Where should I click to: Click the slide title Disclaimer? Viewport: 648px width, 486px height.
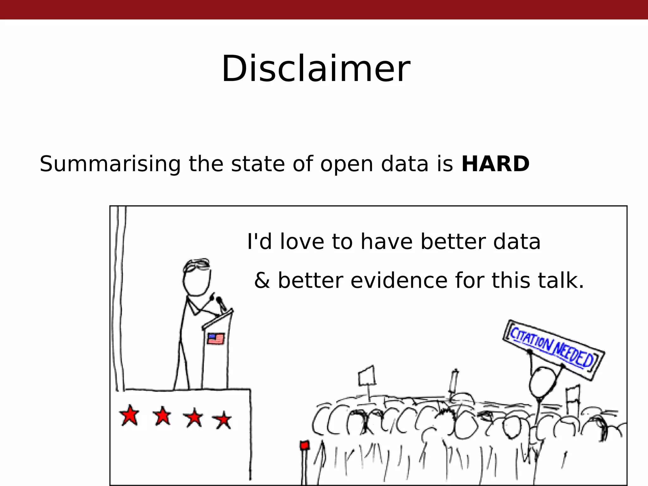coord(316,69)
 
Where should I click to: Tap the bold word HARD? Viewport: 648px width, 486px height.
coord(495,164)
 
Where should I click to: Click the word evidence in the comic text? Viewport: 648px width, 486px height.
coord(398,280)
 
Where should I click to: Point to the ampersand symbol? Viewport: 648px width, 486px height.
coord(262,281)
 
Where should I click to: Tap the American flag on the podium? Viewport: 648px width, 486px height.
coord(215,339)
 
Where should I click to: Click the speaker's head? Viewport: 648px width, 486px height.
coord(196,278)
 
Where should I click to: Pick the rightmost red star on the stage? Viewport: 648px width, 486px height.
coord(223,420)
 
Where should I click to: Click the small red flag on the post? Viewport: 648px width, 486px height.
coord(304,445)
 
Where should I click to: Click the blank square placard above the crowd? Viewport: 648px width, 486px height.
coord(367,376)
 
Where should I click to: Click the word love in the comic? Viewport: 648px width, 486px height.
coord(302,242)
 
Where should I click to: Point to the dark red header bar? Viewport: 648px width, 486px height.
coord(324,9)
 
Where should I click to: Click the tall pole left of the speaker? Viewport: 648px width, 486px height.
coord(120,297)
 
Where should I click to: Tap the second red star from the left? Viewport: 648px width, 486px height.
coord(163,416)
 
